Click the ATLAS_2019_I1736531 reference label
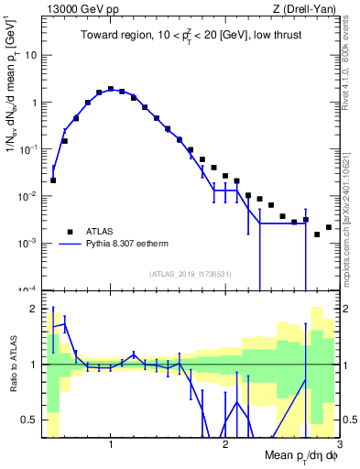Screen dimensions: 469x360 [x=190, y=273]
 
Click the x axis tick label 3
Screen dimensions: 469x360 [x=338, y=445]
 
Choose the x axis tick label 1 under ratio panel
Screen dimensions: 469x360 [x=111, y=445]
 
